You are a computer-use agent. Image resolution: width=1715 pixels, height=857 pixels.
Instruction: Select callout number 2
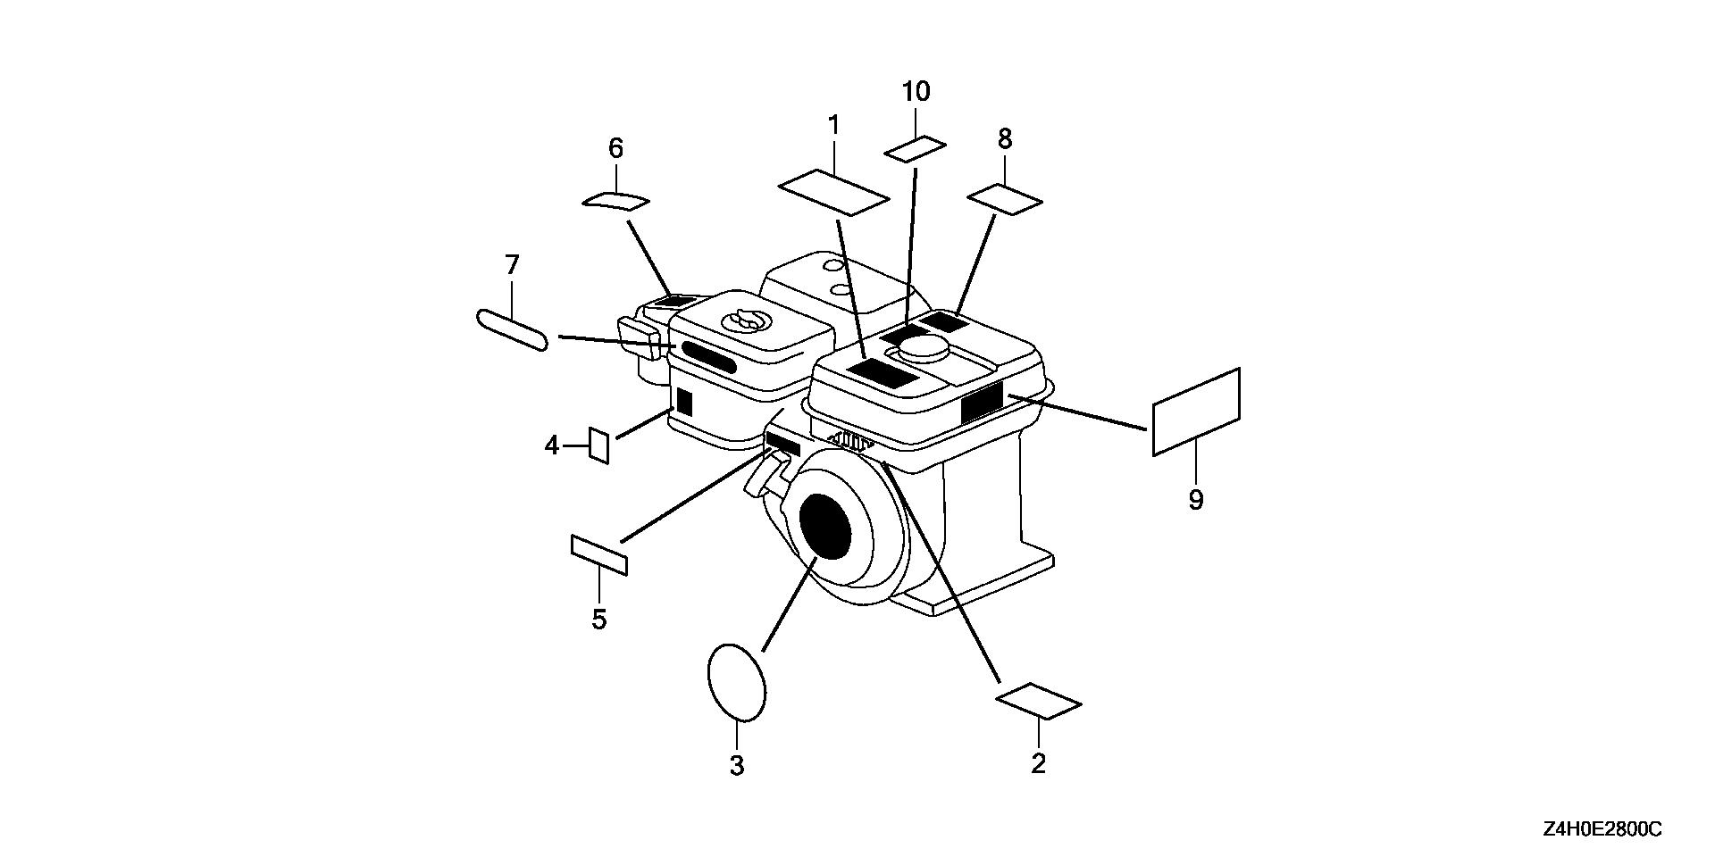pyautogui.click(x=1038, y=764)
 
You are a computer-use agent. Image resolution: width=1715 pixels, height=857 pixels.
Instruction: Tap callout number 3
pyautogui.click(x=737, y=765)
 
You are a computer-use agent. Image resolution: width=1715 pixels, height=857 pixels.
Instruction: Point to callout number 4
pyautogui.click(x=551, y=445)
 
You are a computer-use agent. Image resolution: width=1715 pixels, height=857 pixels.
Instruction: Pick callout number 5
pyautogui.click(x=598, y=619)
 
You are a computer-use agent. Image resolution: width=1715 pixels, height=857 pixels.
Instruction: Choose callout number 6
pyautogui.click(x=615, y=148)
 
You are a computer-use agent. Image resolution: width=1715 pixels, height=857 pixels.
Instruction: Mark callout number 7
pyautogui.click(x=512, y=265)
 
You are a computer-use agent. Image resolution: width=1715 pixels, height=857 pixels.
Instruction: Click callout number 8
pyautogui.click(x=1005, y=139)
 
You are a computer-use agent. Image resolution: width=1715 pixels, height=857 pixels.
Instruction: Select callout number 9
pyautogui.click(x=1196, y=500)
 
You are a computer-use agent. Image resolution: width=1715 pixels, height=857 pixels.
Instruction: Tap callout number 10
pyautogui.click(x=916, y=92)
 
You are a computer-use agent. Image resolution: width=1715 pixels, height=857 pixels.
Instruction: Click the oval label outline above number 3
pyautogui.click(x=737, y=681)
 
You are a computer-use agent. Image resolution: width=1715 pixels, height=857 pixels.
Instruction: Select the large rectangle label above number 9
pyautogui.click(x=1196, y=412)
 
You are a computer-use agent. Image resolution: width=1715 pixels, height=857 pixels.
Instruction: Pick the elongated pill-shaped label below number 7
pyautogui.click(x=512, y=330)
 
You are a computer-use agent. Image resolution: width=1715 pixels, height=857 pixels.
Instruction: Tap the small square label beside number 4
pyautogui.click(x=598, y=445)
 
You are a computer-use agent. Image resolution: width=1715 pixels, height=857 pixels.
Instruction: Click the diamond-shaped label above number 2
pyautogui.click(x=1038, y=702)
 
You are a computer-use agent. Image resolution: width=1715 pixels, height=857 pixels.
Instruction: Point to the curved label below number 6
pyautogui.click(x=615, y=201)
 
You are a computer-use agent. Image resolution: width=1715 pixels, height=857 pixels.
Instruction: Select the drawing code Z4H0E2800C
pyautogui.click(x=1602, y=830)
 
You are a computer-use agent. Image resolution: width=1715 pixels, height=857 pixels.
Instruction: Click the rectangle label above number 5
pyautogui.click(x=598, y=554)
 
